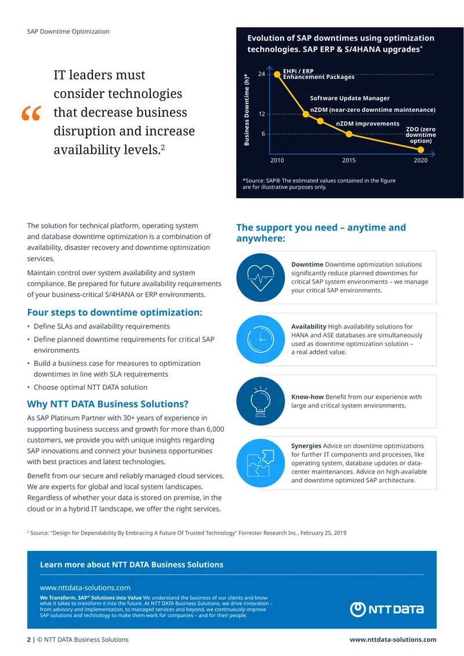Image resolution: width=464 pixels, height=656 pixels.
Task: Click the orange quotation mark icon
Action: (31, 113)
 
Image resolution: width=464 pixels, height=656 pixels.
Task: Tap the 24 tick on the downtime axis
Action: (262, 74)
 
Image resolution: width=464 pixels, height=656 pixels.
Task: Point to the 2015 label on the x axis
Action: (349, 160)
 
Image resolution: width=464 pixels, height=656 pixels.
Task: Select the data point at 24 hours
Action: (277, 74)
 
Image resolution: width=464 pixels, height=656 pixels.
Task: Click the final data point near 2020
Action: (421, 150)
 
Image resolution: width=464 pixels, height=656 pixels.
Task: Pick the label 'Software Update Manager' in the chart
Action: (350, 98)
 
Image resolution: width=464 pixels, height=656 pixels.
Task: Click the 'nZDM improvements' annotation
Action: (368, 124)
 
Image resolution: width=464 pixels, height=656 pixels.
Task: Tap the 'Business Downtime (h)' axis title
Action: (246, 110)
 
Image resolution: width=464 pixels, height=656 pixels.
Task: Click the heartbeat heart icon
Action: (261, 277)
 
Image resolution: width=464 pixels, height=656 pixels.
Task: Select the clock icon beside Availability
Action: (261, 339)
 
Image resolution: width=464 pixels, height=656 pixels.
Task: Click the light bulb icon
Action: (261, 401)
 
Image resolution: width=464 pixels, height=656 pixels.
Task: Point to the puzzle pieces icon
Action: (261, 463)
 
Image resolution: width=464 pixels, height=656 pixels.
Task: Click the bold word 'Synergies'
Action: (306, 446)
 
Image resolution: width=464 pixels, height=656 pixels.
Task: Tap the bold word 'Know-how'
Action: (307, 397)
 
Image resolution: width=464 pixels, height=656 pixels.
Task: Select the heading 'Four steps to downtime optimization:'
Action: (114, 312)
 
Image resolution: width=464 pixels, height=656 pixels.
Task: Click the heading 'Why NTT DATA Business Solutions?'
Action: (108, 404)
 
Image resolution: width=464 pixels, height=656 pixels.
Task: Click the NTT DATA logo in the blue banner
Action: (387, 609)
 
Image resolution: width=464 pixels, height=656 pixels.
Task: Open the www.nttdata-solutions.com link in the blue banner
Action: (85, 588)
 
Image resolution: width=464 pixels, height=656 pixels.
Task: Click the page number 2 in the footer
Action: (29, 640)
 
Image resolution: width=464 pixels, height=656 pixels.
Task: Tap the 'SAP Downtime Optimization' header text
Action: (68, 31)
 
